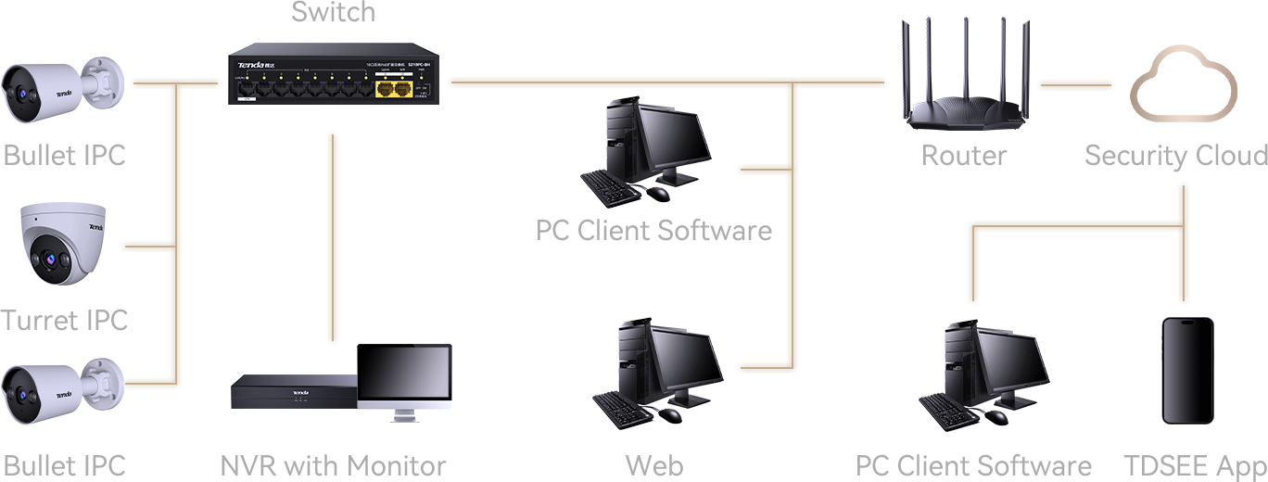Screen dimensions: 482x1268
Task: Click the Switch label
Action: tap(334, 12)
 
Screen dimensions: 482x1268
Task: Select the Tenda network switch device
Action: tap(334, 74)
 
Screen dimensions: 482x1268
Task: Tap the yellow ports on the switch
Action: tap(394, 89)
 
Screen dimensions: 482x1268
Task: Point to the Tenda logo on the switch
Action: tap(252, 65)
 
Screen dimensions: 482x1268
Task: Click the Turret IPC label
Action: tap(64, 321)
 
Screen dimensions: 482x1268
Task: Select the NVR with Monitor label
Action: tap(334, 465)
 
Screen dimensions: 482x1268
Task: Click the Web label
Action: tap(654, 465)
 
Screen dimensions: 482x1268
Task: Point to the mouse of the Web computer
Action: tap(672, 414)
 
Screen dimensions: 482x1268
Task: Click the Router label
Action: tap(964, 156)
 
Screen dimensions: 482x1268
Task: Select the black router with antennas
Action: tap(964, 79)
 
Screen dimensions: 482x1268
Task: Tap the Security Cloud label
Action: tap(1175, 156)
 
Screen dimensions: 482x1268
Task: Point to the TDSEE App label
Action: tap(1195, 465)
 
